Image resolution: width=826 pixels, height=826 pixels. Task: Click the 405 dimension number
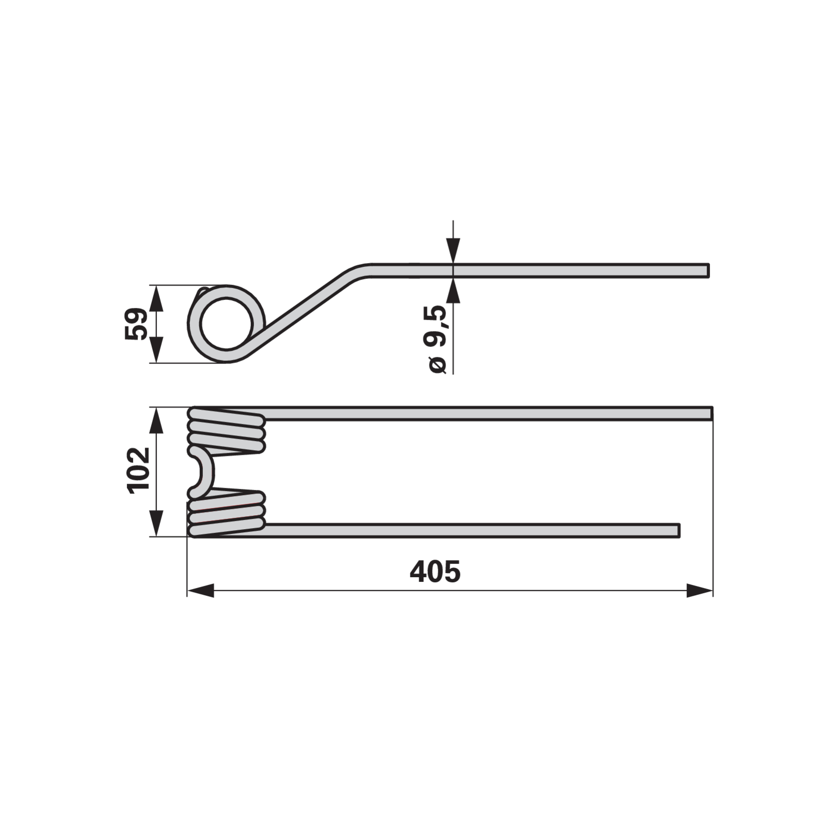[435, 571]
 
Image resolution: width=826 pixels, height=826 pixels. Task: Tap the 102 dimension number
[138, 471]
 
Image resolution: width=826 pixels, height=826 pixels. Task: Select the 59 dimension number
[136, 324]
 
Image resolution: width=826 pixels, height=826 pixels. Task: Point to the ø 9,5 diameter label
[435, 339]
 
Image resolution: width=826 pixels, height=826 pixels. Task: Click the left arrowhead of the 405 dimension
[200, 591]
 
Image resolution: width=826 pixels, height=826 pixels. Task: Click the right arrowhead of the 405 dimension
[700, 591]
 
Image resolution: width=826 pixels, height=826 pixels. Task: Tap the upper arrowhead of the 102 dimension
[156, 420]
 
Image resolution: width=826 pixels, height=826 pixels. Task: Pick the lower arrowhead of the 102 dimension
[156, 523]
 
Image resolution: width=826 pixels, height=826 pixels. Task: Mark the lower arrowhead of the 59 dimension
[156, 350]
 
